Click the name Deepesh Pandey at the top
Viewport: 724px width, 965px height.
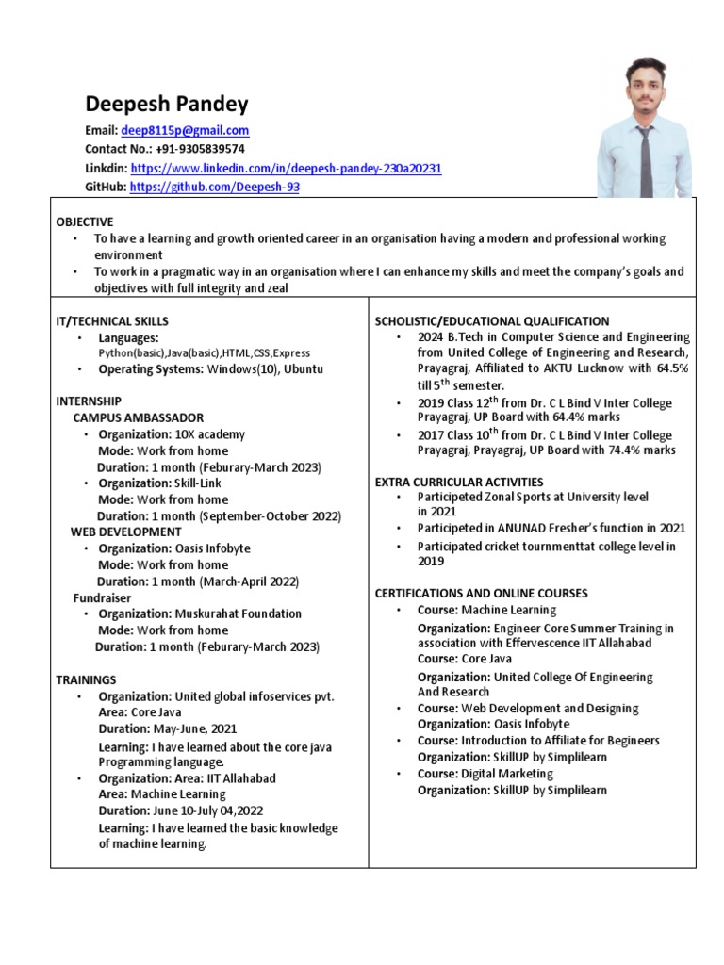167,104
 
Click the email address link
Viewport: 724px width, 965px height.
185,131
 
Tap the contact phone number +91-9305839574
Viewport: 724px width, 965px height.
201,149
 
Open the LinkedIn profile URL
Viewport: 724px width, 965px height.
286,168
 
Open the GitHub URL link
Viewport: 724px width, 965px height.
215,187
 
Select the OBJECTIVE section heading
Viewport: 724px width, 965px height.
85,221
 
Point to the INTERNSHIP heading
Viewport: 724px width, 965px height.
89,401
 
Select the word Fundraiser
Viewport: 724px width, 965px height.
102,597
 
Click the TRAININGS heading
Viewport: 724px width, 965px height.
86,679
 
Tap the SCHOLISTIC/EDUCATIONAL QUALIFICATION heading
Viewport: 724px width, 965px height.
492,321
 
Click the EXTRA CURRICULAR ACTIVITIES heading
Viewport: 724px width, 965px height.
459,482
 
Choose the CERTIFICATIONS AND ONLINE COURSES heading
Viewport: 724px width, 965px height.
481,593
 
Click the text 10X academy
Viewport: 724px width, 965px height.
209,434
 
